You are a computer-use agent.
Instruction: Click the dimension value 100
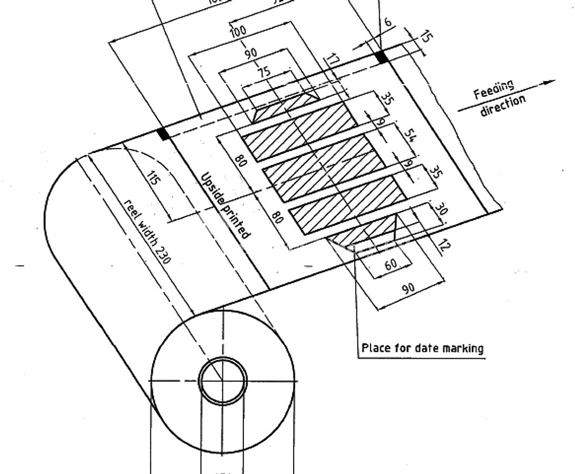point(238,31)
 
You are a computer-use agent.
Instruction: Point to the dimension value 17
point(332,60)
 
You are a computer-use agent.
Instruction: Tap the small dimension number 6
point(388,23)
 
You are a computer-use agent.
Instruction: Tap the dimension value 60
point(391,264)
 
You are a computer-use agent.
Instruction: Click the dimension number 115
point(153,181)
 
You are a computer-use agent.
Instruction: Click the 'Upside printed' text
point(225,205)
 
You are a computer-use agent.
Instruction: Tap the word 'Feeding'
point(493,90)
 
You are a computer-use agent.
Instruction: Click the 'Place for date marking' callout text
point(422,348)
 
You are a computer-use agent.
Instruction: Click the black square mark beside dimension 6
point(382,56)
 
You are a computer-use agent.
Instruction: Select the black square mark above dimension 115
point(164,134)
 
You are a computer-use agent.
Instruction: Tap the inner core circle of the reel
point(222,380)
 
